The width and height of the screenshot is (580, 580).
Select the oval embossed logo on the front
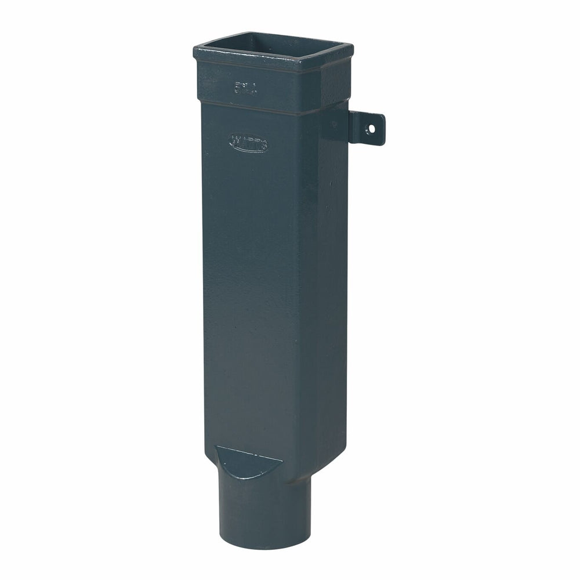pyautogui.click(x=249, y=142)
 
